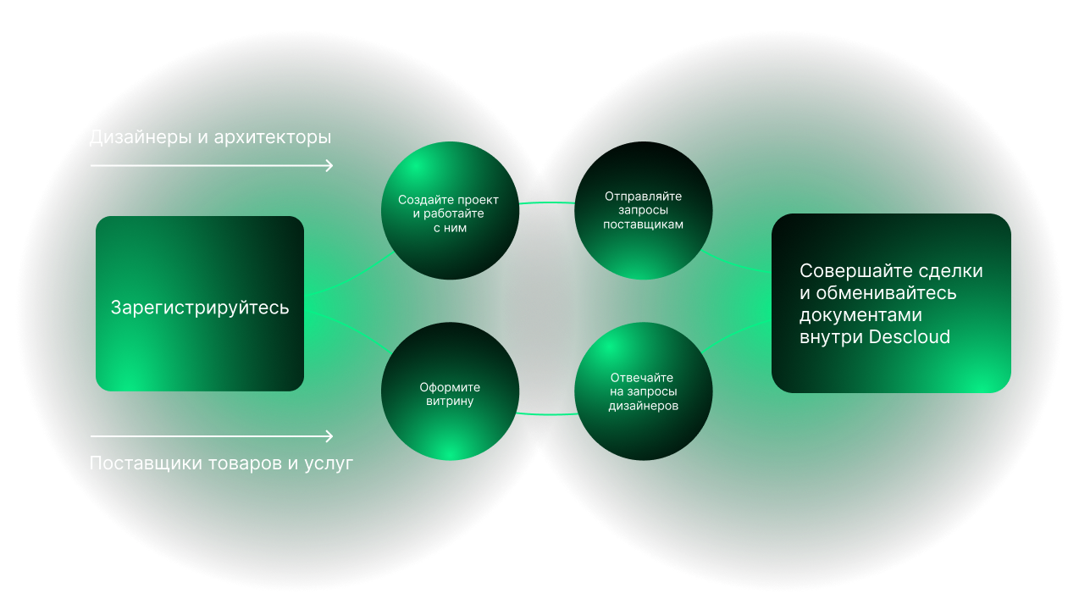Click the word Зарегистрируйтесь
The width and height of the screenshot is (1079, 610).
[x=200, y=308]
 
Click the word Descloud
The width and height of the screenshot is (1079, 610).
[x=910, y=337]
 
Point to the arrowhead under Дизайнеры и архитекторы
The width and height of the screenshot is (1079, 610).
[x=329, y=165]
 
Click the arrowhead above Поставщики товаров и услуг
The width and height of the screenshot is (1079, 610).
[x=329, y=436]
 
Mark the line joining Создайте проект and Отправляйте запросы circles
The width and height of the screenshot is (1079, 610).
[x=545, y=203]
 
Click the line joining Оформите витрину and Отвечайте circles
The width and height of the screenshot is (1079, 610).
[x=545, y=414]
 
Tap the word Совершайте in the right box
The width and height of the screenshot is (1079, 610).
[x=855, y=271]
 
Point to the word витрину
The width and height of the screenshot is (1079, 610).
[x=450, y=402]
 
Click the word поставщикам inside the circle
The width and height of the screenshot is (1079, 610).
[x=643, y=225]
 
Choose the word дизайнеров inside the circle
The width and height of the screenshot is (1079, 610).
[x=643, y=407]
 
